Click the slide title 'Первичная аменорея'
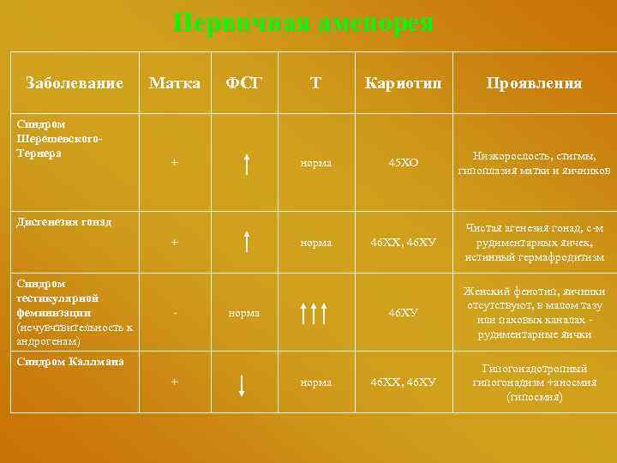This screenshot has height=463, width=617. (x=303, y=23)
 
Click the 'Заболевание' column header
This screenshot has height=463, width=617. (x=75, y=83)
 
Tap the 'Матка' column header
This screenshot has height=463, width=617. (x=175, y=83)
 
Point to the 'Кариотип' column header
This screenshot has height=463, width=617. (x=403, y=83)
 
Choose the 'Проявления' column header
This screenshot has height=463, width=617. (x=534, y=83)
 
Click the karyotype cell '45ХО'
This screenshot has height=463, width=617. (x=403, y=162)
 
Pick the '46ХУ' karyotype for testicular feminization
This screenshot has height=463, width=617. (x=403, y=313)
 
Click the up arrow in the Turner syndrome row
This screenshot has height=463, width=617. (x=246, y=161)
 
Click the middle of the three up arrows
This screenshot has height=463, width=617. (x=316, y=313)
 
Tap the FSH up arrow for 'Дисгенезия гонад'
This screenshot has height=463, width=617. (x=246, y=242)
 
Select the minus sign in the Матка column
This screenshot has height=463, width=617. (x=175, y=313)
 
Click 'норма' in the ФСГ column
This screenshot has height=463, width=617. (x=244, y=313)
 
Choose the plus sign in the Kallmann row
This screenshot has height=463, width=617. (x=175, y=382)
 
